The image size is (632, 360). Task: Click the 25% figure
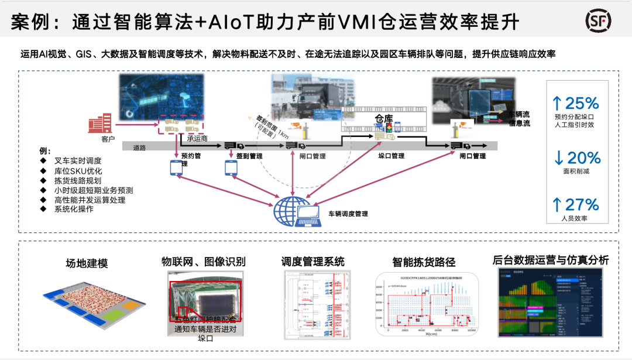(576, 104)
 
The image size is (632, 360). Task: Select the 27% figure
(576, 204)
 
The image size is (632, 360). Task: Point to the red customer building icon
(99, 124)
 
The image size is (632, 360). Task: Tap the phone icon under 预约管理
(177, 167)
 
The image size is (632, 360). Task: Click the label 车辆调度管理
(348, 214)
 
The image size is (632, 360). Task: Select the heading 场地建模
(87, 263)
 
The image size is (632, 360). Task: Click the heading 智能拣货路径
(424, 262)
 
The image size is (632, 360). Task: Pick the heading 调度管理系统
(312, 261)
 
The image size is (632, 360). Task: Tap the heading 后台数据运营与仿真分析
(551, 260)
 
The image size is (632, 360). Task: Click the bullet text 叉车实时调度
(78, 160)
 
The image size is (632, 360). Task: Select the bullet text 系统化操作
(74, 210)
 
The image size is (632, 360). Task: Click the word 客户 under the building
(107, 139)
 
